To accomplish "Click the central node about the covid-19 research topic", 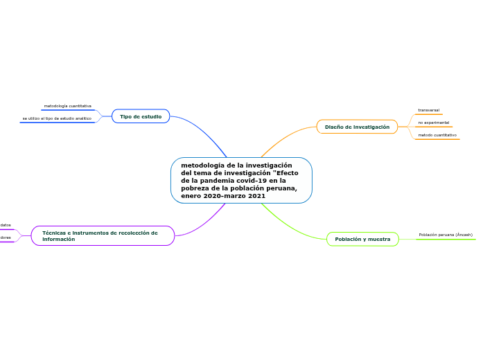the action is coord(241,180).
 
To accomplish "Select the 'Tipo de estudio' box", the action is coord(141,116).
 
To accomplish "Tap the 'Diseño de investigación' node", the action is coord(357,127).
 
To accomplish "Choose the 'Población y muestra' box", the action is coord(362,239).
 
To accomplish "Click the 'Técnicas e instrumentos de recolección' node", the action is coord(103,235).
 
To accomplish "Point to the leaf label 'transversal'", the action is coord(428,110).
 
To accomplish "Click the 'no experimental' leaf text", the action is coord(433,123).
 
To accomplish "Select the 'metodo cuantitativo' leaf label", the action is coord(437,135).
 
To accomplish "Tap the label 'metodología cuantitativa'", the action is coord(67,106).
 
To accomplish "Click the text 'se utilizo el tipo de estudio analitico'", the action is coord(57,118).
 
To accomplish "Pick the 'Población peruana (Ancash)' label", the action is coord(446,235).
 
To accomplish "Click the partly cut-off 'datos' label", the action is coord(6,225).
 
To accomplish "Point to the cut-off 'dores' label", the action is coord(6,237).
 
